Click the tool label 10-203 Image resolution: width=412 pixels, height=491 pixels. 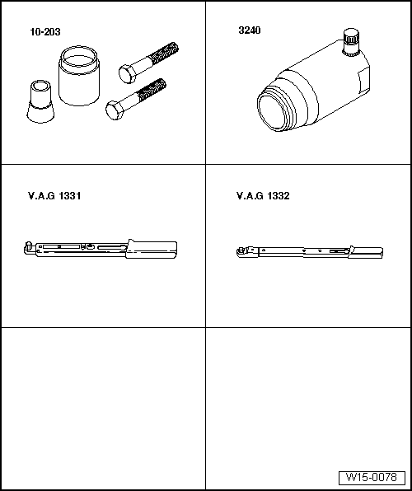[x=45, y=32]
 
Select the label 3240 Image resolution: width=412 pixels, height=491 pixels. [x=250, y=30]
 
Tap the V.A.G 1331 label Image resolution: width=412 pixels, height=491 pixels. [x=54, y=196]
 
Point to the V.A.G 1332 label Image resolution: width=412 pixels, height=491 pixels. [x=263, y=196]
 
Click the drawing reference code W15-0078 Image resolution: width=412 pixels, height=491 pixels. [x=372, y=478]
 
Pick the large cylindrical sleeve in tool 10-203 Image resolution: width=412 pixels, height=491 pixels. [x=79, y=76]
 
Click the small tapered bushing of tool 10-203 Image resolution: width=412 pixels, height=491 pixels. [x=40, y=101]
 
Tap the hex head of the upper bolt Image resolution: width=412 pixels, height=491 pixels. [x=127, y=74]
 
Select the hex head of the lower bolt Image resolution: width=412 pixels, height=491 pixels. [x=115, y=110]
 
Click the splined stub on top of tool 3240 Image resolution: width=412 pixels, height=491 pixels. [x=351, y=42]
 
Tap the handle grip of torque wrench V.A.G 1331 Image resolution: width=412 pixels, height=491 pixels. [x=152, y=250]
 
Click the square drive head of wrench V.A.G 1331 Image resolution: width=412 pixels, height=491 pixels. [x=29, y=248]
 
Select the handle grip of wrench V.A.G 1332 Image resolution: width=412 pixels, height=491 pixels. [x=366, y=252]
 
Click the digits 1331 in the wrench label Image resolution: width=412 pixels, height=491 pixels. [x=70, y=196]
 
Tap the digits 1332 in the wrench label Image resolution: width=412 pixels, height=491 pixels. [x=279, y=196]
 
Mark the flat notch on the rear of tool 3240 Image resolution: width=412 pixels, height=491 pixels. [x=363, y=82]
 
